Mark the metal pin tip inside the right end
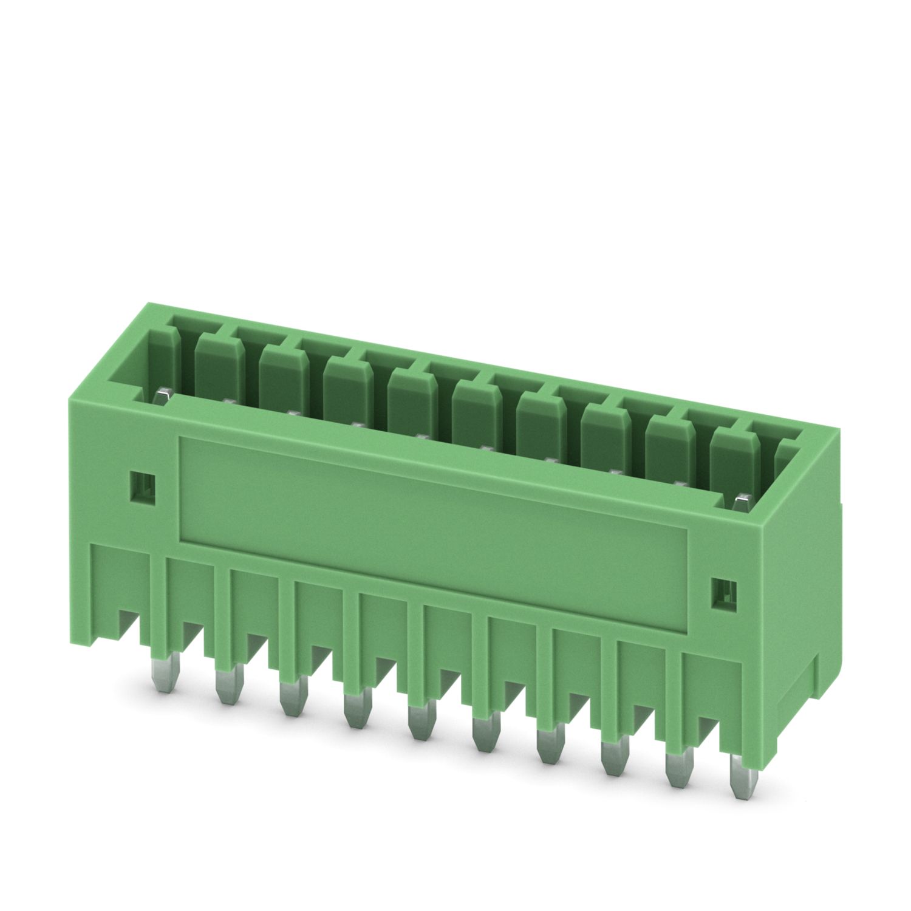[x=741, y=501]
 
